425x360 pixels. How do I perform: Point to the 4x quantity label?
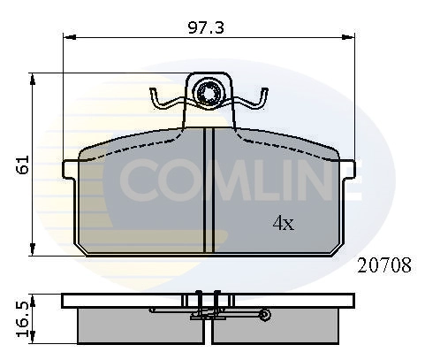tap(283, 224)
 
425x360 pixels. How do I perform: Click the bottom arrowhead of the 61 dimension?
tap(34, 251)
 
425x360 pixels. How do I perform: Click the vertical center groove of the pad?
tap(209, 190)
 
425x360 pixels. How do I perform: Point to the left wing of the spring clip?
tap(166, 102)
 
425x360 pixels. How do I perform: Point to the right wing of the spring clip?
tap(255, 102)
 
